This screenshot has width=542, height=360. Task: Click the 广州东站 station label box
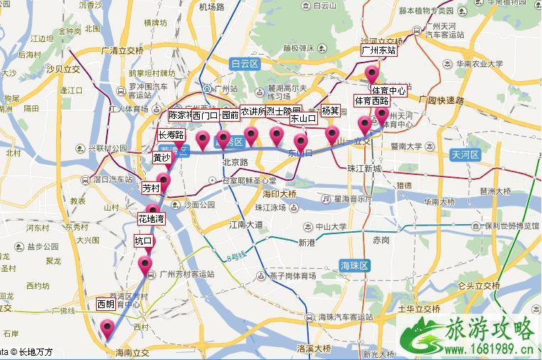point(378,51)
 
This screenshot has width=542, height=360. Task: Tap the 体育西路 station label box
point(371,102)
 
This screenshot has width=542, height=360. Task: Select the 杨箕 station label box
point(330,110)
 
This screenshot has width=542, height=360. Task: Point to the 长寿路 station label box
point(171,134)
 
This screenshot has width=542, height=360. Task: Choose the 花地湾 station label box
point(151,219)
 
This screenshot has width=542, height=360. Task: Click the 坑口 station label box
point(144,242)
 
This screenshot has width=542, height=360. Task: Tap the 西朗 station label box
point(106,305)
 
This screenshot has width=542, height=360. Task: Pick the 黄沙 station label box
point(161,158)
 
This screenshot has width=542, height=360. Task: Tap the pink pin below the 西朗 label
point(108,329)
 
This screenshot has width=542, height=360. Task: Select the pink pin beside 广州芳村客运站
point(147,266)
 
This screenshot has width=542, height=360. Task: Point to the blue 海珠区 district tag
point(355,265)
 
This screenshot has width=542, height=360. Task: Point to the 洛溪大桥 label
point(314,349)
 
